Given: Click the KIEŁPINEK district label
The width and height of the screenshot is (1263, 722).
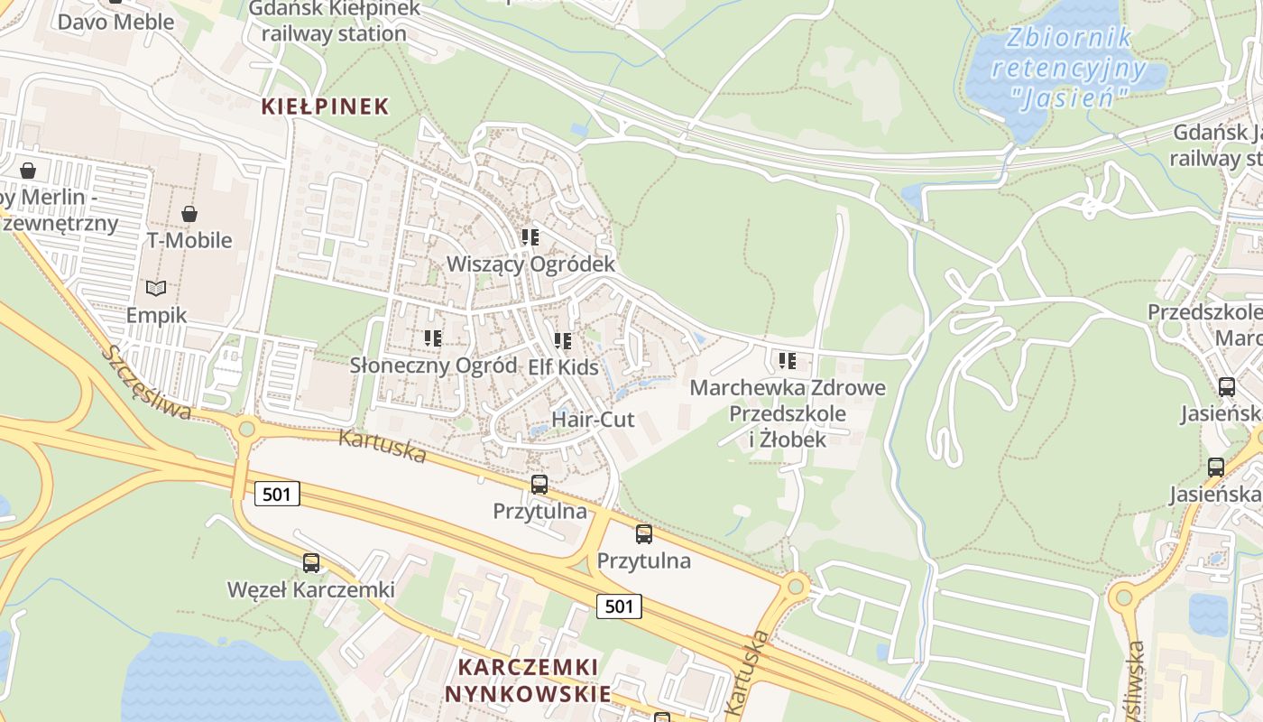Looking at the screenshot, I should click(x=325, y=106).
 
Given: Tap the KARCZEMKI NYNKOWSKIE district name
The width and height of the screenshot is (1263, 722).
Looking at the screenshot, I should click(x=528, y=680).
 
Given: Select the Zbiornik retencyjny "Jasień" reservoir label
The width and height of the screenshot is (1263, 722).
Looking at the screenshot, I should click(x=1069, y=68).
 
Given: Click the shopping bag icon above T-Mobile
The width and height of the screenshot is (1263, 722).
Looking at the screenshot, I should click(x=189, y=214).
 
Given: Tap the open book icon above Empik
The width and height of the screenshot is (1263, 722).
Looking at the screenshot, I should click(x=156, y=288).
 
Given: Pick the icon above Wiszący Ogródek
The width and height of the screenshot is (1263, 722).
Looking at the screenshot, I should click(x=530, y=237).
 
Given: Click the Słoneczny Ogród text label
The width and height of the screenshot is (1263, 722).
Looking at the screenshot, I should click(x=433, y=366).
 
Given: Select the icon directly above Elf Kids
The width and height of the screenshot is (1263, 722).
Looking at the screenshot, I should click(x=563, y=341).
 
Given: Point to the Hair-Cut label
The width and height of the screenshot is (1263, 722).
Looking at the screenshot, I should click(x=593, y=420).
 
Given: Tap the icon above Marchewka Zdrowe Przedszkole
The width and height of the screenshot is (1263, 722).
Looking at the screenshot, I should click(x=788, y=361).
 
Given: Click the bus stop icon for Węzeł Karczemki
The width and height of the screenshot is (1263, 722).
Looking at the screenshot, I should click(x=311, y=563).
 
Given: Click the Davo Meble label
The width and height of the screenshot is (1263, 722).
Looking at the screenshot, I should click(x=115, y=22).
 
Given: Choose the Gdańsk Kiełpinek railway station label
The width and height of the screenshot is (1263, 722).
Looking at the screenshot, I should click(x=334, y=22).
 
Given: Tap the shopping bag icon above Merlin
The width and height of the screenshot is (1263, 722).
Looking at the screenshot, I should click(x=28, y=171).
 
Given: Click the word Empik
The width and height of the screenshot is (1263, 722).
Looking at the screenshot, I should click(x=156, y=315).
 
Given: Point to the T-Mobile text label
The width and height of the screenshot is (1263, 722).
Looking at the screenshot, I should click(x=189, y=240).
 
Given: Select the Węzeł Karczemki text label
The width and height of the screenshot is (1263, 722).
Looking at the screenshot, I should click(x=311, y=590).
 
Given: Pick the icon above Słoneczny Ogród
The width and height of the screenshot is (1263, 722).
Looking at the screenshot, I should click(x=433, y=338).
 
